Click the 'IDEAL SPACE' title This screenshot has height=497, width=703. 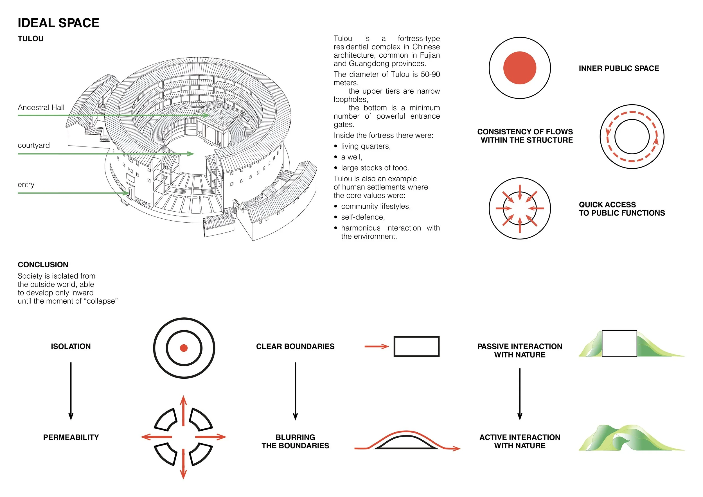click(58, 23)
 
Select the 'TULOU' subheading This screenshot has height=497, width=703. click(31, 39)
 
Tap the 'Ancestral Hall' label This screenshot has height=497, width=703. click(41, 107)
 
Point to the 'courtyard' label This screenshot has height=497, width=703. click(34, 145)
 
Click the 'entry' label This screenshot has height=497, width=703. click(26, 184)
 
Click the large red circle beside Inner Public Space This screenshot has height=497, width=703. click(520, 68)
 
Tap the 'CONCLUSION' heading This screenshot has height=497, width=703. click(43, 265)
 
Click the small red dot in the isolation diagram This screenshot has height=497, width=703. click(184, 348)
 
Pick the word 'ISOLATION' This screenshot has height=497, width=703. click(71, 346)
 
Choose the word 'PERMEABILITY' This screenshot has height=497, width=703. click(71, 437)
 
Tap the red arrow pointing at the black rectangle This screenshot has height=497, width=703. click(376, 346)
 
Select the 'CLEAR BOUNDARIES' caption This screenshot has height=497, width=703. click(295, 346)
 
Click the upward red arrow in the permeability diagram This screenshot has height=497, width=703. click(183, 410)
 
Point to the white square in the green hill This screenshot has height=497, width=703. click(619, 343)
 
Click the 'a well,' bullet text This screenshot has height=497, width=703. click(351, 157)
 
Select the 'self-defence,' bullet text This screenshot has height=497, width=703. click(363, 217)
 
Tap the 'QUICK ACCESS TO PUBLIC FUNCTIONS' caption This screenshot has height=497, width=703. click(621, 209)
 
